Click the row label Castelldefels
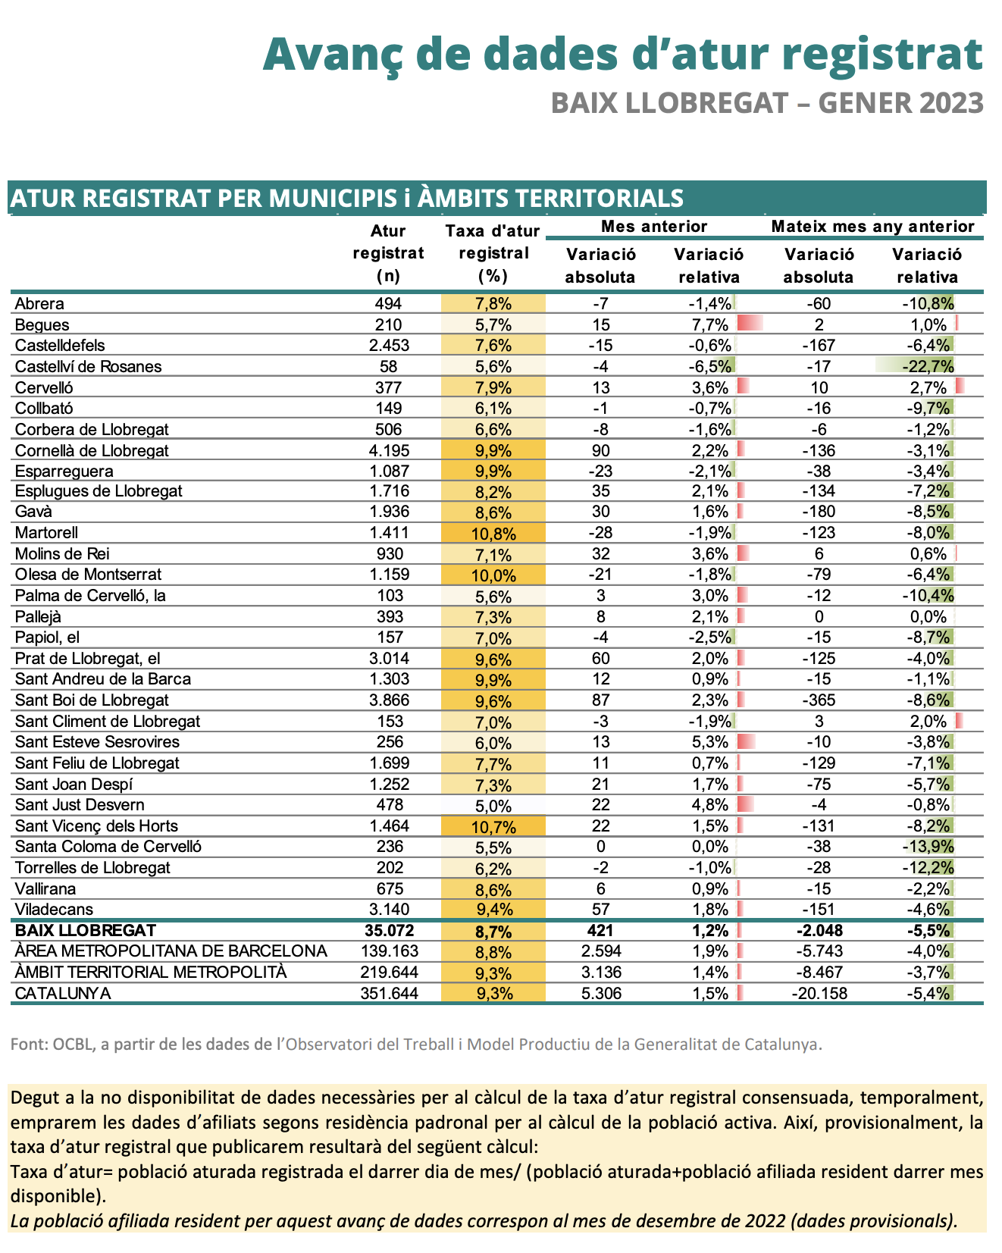(x=60, y=346)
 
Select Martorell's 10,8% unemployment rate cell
(x=493, y=533)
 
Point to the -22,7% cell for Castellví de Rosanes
(x=928, y=367)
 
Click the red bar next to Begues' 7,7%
(x=750, y=324)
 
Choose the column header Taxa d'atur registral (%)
(x=493, y=253)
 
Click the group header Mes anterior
(x=653, y=226)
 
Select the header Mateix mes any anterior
(x=872, y=226)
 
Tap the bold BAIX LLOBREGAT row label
(x=86, y=930)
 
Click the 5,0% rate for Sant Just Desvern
(x=493, y=805)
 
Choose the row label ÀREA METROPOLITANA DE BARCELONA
(x=171, y=951)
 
